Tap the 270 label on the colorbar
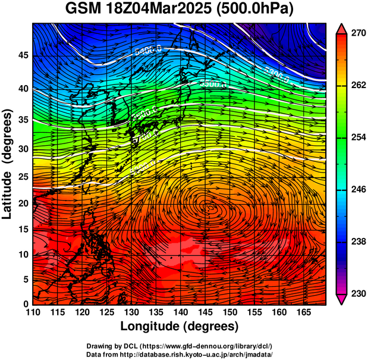358,34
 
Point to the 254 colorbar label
358,137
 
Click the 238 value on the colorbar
358,242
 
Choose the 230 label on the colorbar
358,293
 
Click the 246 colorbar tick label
358,190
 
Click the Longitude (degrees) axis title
180,326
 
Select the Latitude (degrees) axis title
8,164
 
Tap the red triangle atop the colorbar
342,28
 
